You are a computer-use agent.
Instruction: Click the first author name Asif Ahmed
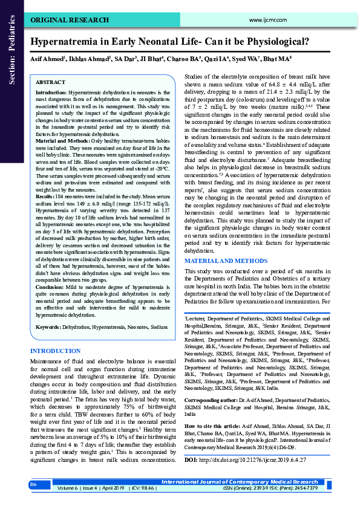point(48,59)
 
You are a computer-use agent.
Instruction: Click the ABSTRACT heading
point(51,82)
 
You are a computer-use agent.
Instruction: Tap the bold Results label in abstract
point(46,197)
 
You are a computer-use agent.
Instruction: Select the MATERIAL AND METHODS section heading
point(225,277)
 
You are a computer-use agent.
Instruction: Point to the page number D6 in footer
point(34,484)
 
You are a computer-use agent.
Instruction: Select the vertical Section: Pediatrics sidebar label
point(11,48)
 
